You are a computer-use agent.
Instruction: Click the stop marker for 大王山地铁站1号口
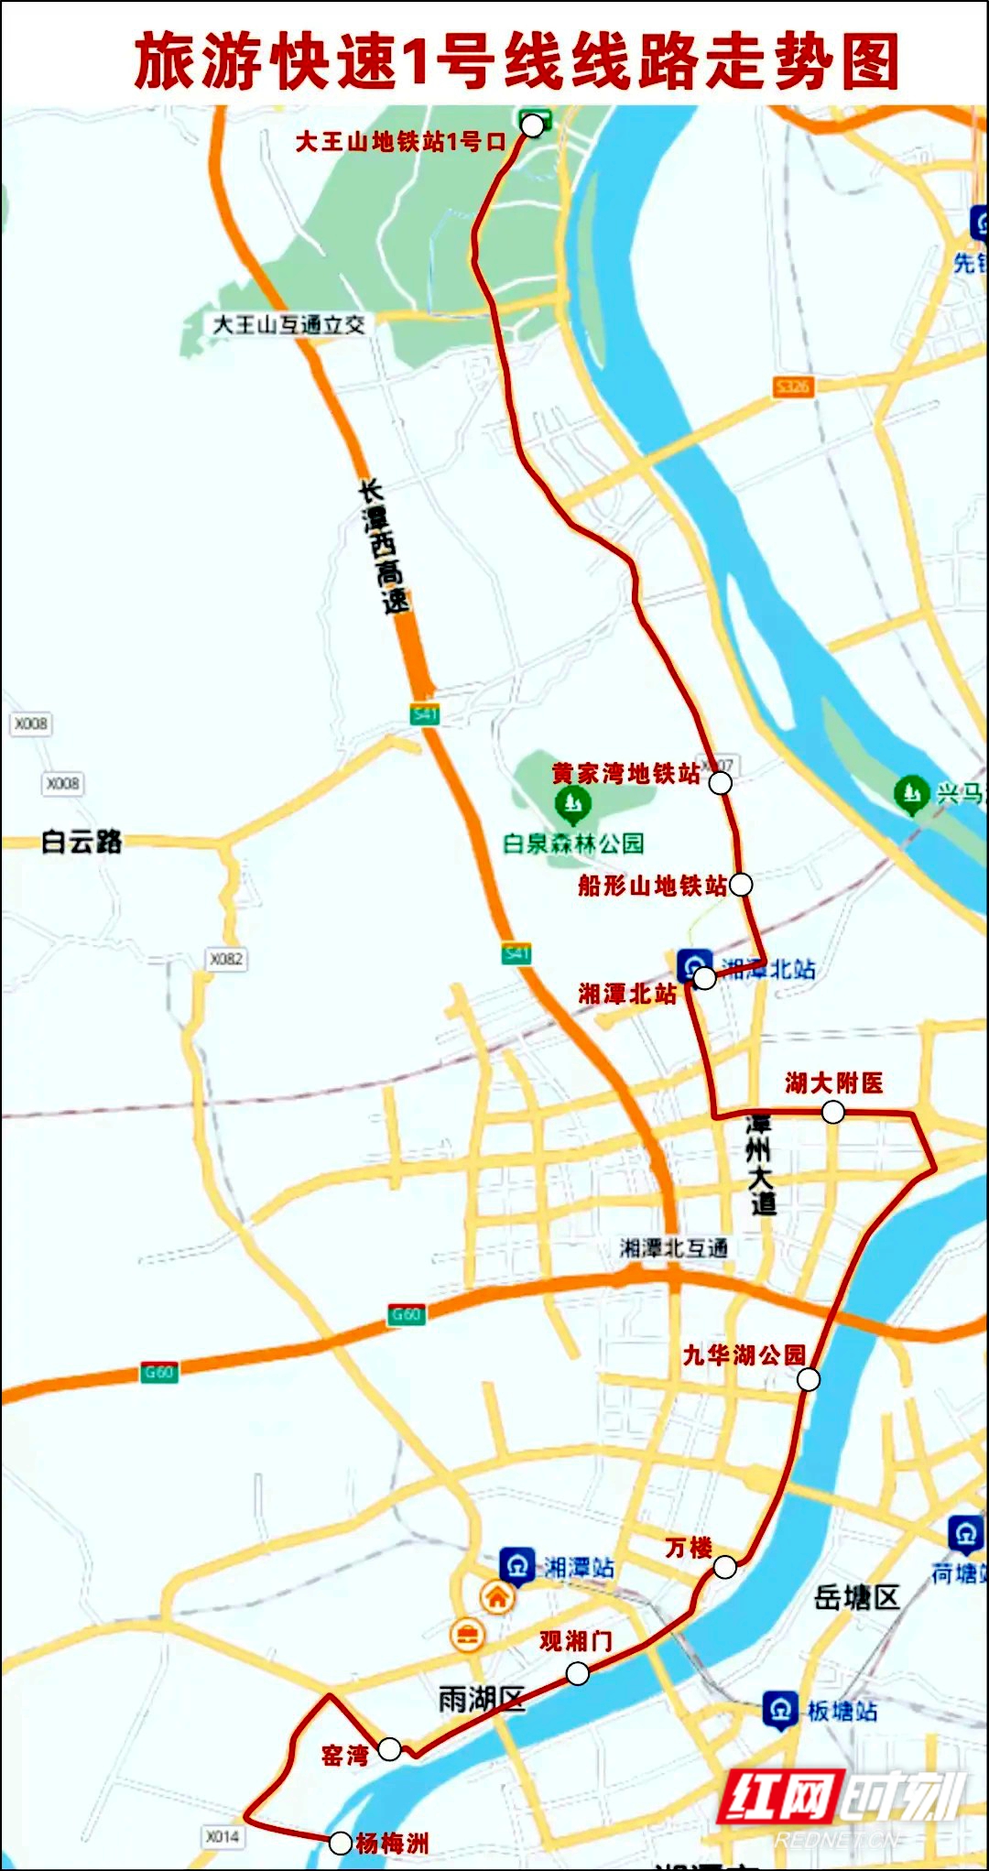tap(532, 125)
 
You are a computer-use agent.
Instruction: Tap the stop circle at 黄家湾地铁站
tap(721, 783)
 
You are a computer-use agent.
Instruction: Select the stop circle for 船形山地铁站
tap(741, 884)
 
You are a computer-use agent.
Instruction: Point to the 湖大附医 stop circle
tap(833, 1112)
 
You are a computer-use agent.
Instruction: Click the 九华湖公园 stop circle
tap(809, 1379)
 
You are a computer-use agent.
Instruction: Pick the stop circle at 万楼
tap(724, 1567)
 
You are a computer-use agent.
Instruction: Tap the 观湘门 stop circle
tap(578, 1674)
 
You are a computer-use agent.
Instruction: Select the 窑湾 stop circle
tap(389, 1749)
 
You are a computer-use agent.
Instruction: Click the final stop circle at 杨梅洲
tap(340, 1843)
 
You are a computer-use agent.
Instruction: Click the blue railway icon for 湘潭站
tap(516, 1565)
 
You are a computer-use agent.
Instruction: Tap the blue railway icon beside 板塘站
tap(779, 1710)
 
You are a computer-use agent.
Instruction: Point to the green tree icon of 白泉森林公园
tap(573, 805)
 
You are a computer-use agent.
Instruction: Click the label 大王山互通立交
tap(288, 324)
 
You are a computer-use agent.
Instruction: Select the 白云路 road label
tap(82, 841)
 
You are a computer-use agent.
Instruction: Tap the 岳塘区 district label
tap(856, 1598)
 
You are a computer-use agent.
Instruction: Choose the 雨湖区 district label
tap(481, 1700)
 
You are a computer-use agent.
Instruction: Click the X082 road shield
tap(226, 959)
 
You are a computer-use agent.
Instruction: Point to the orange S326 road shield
tap(792, 386)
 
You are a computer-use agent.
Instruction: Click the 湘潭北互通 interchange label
tap(674, 1247)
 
